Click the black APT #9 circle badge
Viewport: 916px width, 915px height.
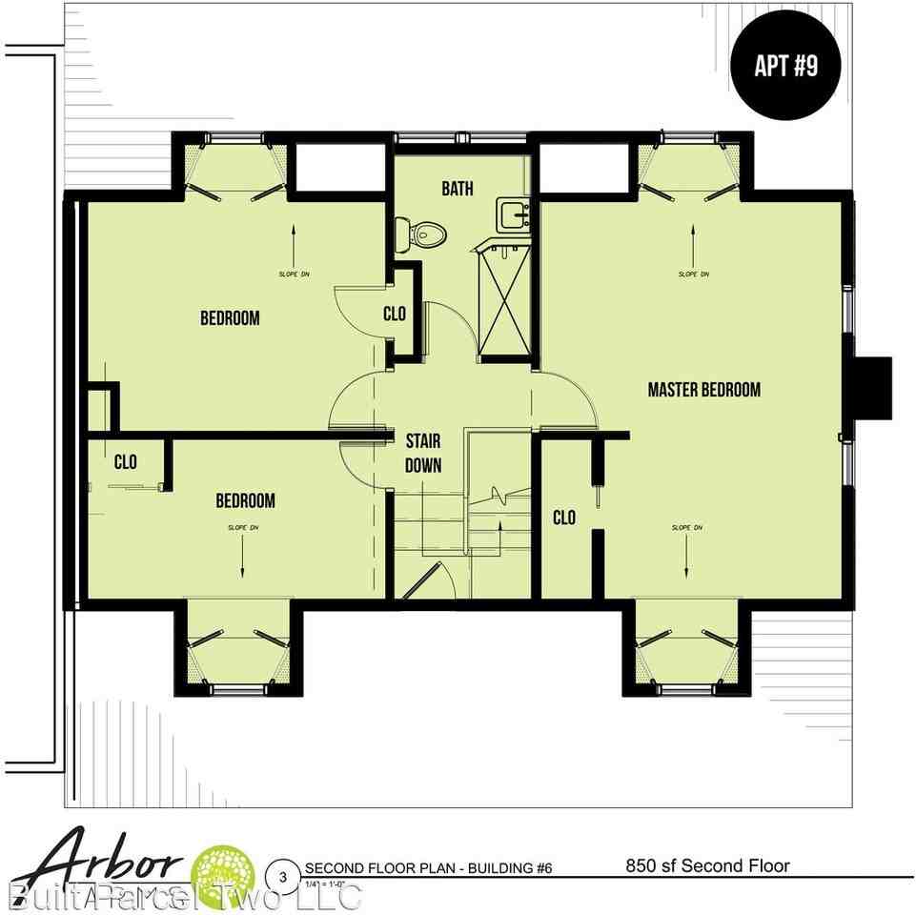point(784,66)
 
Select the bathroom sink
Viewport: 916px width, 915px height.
point(514,214)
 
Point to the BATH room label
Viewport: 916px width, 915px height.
point(457,189)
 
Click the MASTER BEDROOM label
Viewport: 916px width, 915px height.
point(703,389)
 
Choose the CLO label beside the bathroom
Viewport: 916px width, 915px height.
point(395,314)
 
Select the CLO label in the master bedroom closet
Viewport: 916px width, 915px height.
point(564,518)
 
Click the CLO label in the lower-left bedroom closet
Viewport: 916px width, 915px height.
point(125,462)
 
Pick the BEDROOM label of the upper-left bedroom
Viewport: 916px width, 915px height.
point(230,317)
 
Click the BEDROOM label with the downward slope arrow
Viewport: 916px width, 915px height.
point(245,500)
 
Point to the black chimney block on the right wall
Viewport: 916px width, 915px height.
point(872,387)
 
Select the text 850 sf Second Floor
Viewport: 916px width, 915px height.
point(707,866)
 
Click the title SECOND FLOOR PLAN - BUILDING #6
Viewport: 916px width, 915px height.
point(428,868)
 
